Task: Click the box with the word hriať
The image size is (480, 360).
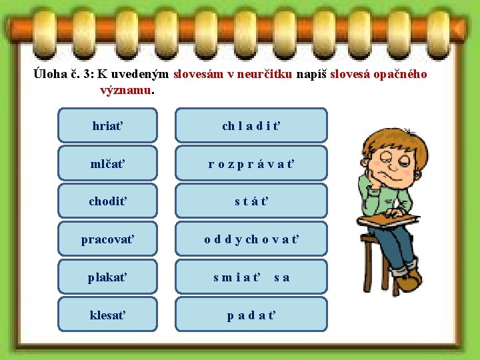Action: coord(108,125)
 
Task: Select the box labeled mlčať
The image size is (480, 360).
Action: coord(108,163)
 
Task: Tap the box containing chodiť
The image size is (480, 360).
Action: coord(108,201)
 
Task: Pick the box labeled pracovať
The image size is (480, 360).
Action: coord(108,239)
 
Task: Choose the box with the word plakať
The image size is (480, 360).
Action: coord(108,277)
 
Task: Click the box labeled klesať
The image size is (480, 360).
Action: coord(108,314)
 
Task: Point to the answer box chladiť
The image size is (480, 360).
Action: coord(251,125)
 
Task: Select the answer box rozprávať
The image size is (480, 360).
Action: coord(251,163)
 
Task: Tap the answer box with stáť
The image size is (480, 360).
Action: coord(251,201)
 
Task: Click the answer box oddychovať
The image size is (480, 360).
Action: coord(251,239)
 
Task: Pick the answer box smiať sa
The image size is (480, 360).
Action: coord(251,277)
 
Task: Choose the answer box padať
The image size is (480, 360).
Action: coord(251,314)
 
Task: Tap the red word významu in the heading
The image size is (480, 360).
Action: coord(125,89)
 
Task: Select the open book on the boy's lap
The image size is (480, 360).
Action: coord(387,221)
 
